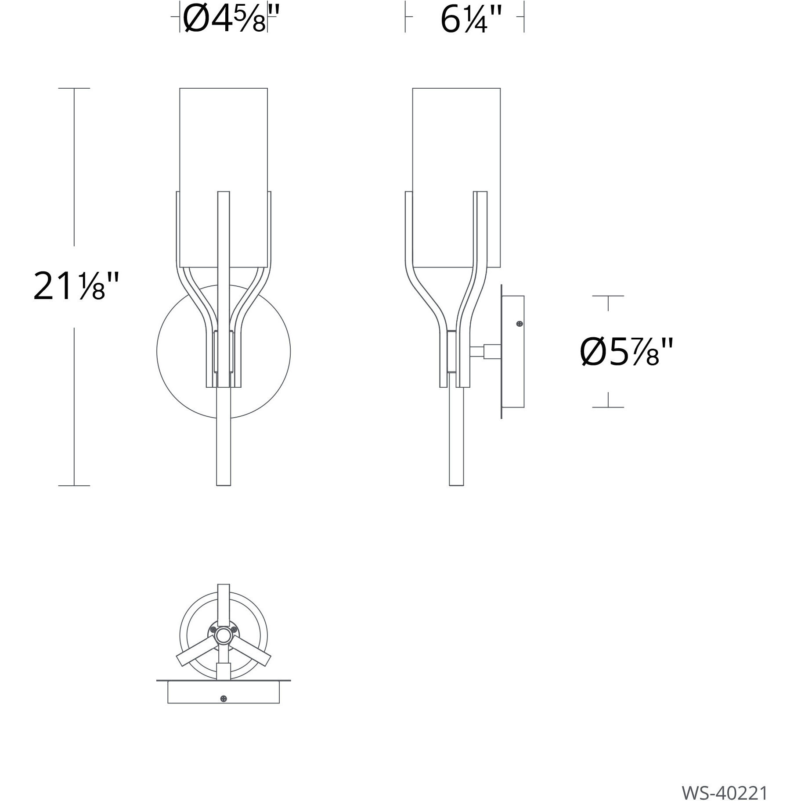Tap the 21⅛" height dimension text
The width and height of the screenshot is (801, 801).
76,286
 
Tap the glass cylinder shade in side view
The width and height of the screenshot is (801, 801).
456,141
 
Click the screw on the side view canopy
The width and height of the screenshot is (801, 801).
520,324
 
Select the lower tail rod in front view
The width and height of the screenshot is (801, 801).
223,439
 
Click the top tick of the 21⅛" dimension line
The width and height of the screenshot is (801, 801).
74,88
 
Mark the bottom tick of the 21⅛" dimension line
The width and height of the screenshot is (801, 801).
74,486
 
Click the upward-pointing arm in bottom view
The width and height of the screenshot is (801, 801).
224,602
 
